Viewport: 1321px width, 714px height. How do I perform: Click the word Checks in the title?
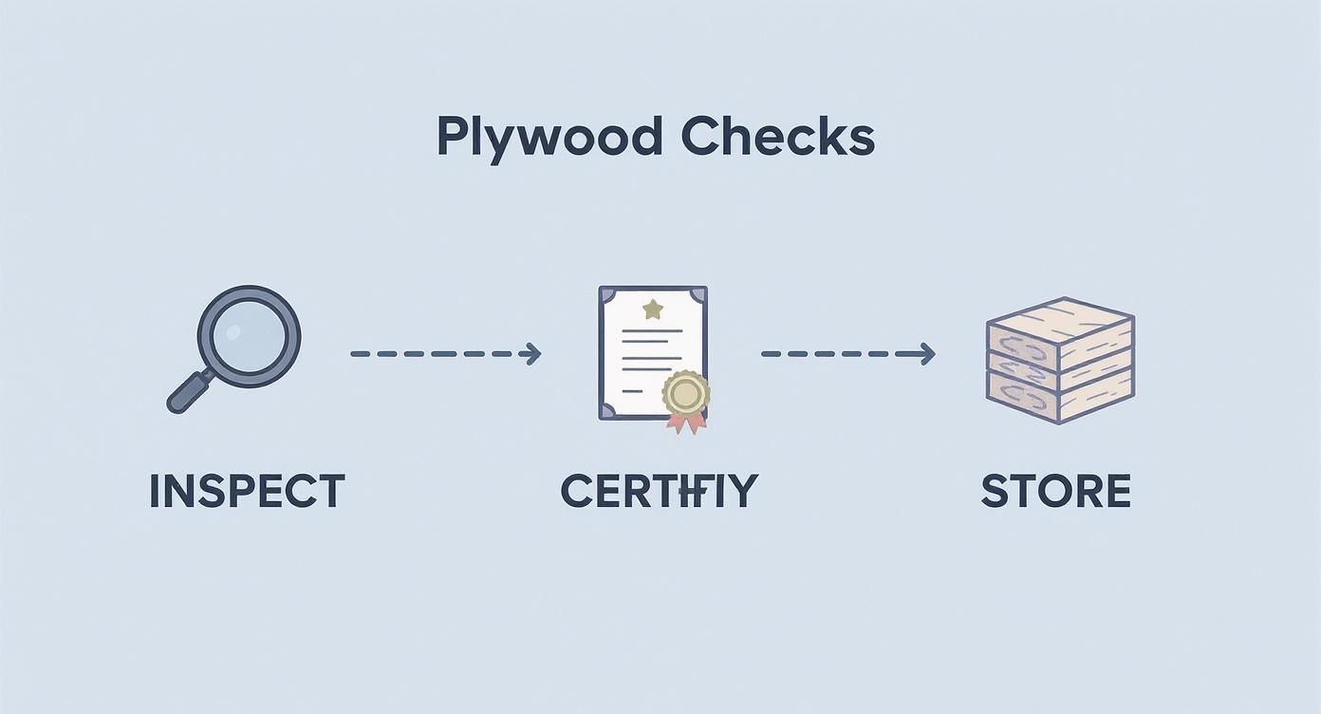(x=777, y=138)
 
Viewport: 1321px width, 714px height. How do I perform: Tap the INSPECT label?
(x=247, y=492)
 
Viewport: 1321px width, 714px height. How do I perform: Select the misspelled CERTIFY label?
(x=659, y=492)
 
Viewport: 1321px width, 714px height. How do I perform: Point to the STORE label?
(x=1055, y=492)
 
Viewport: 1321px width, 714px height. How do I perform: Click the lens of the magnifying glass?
(x=249, y=336)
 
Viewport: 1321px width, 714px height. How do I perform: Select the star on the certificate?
(x=652, y=308)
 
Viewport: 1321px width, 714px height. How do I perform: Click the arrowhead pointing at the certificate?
(x=533, y=354)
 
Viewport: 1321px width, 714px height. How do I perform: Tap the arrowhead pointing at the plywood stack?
(x=927, y=354)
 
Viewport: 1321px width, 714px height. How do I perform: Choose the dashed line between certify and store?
(x=840, y=354)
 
